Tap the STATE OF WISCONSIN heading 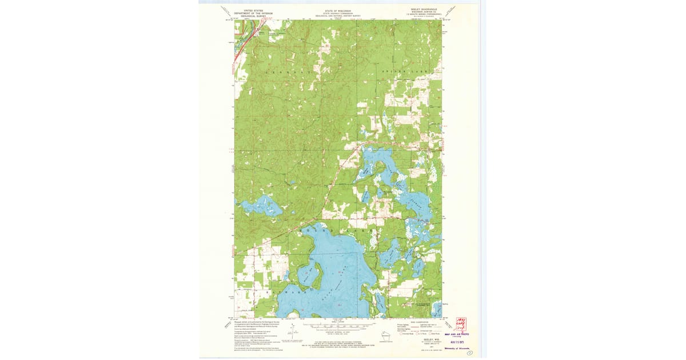338,10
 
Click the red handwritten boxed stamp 461,323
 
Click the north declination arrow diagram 292,333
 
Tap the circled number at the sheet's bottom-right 470,354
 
